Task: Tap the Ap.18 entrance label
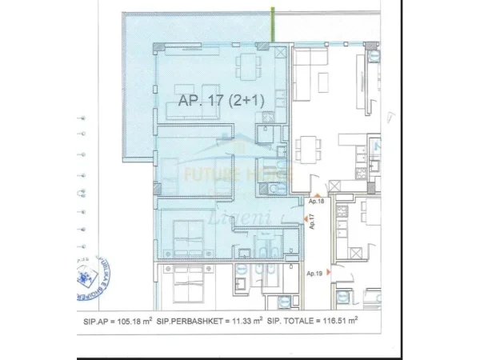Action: [315, 203]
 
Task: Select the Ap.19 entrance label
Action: [314, 274]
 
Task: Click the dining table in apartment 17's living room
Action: [250, 64]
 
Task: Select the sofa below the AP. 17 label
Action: [212, 90]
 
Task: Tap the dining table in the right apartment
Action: [308, 149]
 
